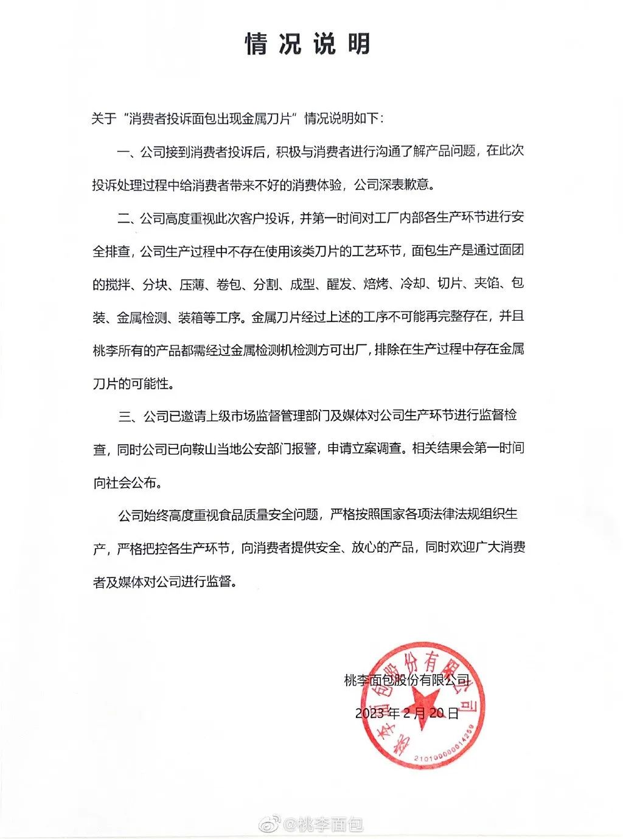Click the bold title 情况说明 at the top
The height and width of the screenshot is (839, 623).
(x=308, y=44)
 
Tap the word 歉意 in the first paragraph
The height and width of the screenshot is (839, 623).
(x=419, y=185)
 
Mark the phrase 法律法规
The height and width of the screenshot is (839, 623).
(x=443, y=515)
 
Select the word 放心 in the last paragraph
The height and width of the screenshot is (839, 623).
(x=376, y=548)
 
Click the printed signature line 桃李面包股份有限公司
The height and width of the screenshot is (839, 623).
(x=407, y=681)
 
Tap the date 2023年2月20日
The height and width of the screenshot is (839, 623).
(x=407, y=714)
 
